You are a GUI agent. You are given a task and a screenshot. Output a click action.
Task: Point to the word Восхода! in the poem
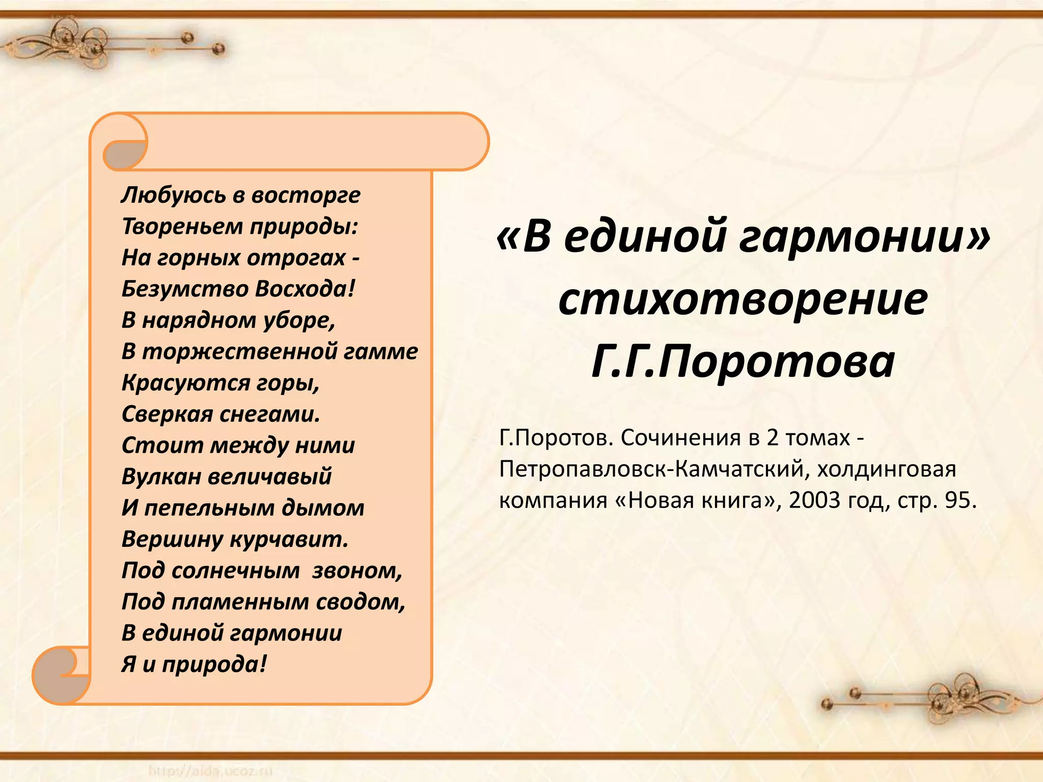[305, 289]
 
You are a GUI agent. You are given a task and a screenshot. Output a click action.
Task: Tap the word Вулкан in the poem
[161, 477]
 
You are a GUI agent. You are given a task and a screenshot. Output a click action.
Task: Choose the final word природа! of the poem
[214, 664]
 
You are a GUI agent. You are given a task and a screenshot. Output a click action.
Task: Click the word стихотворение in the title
[743, 299]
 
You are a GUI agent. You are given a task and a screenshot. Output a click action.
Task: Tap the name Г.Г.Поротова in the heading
[743, 361]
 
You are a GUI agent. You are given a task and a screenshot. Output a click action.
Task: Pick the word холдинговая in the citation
[886, 469]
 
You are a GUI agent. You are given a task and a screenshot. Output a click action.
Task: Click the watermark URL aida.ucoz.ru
[211, 771]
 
